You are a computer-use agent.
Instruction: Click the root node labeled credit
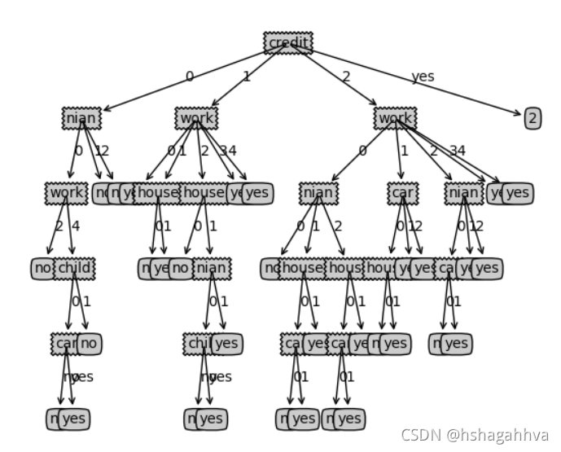coord(288,43)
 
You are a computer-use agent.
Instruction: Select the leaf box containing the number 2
coord(533,118)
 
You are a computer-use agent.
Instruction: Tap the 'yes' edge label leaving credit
coord(423,77)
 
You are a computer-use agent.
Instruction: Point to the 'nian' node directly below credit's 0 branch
coord(81,118)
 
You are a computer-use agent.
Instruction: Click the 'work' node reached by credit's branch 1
coord(196,118)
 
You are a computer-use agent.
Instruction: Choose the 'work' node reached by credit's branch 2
coord(395,118)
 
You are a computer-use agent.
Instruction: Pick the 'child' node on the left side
coord(74,268)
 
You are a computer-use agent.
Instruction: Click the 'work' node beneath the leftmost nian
coord(66,193)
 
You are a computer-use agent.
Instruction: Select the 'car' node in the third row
coord(401,193)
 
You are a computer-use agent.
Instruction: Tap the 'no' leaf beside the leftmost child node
coord(90,343)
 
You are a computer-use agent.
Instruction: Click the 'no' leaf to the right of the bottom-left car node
coord(90,343)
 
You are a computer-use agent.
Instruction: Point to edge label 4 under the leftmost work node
coord(76,226)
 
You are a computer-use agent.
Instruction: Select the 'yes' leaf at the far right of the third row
coord(518,193)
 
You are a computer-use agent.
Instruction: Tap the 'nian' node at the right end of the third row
coord(463,193)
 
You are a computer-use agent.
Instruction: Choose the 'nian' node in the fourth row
coord(212,268)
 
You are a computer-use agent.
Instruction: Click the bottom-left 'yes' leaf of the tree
coord(74,419)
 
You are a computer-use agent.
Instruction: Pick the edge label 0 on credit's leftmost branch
coord(189,77)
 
